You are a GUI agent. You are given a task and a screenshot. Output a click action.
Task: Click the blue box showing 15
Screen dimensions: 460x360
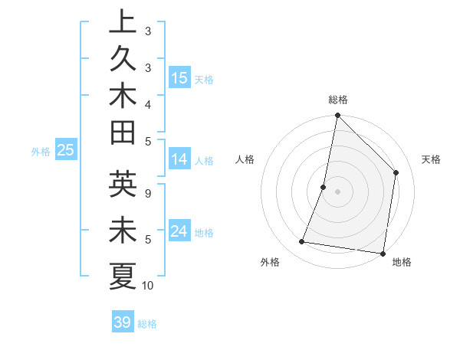(x=179, y=77)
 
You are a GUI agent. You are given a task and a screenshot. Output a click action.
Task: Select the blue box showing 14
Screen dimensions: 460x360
(x=179, y=160)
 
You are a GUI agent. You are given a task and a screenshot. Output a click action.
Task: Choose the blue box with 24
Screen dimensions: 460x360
(x=179, y=232)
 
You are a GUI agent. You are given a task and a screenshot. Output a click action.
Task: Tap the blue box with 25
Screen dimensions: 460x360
(x=65, y=151)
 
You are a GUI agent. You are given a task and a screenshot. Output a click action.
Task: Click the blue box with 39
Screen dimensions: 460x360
(x=123, y=322)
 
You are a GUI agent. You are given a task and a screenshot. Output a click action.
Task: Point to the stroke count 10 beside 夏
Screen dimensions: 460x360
(x=148, y=286)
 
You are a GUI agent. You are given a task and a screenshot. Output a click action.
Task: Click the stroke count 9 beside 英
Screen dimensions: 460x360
(x=148, y=193)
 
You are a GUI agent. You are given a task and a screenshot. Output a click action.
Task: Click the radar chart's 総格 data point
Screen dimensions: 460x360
(x=337, y=116)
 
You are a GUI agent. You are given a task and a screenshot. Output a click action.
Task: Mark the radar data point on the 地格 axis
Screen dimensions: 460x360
(x=383, y=253)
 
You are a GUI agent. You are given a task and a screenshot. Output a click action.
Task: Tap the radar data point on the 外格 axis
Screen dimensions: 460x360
(x=302, y=242)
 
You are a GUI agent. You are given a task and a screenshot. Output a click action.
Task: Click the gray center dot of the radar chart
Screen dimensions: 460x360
(x=337, y=191)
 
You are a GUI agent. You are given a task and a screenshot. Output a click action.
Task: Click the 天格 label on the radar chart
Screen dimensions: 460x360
(x=431, y=159)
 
